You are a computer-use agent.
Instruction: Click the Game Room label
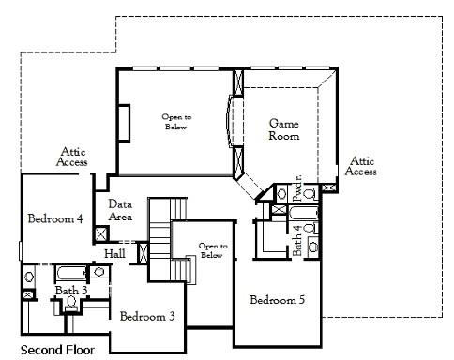coord(284,129)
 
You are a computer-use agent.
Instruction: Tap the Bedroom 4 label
coord(55,218)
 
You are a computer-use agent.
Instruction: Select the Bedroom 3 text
coord(147,316)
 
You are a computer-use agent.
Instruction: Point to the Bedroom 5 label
coord(278,300)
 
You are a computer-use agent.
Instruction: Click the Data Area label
coord(120,210)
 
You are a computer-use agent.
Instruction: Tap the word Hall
coord(114,253)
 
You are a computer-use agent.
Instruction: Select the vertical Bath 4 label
coord(297,241)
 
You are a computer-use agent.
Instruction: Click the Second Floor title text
coord(57,351)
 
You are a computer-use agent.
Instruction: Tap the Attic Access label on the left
coord(73,156)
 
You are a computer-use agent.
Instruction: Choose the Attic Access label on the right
coord(360,166)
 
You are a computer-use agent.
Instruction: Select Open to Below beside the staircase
coord(212,250)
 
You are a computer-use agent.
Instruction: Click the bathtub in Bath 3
coord(69,275)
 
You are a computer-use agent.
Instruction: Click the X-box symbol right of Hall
coord(144,251)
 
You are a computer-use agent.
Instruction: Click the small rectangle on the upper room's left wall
coord(123,121)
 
